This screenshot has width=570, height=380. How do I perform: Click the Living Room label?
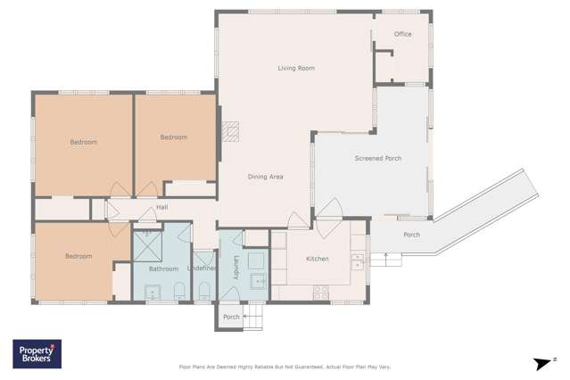pyautogui.click(x=295, y=69)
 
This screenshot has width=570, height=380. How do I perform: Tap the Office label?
pyautogui.click(x=402, y=35)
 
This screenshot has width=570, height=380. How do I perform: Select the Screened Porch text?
pyautogui.click(x=377, y=159)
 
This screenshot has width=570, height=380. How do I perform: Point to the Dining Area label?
pyautogui.click(x=265, y=177)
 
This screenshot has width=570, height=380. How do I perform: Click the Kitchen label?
pyautogui.click(x=317, y=259)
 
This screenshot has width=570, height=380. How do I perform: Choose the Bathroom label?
pyautogui.click(x=163, y=268)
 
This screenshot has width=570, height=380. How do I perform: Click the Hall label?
pyautogui.click(x=161, y=208)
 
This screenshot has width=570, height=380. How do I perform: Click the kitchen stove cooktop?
pyautogui.click(x=320, y=292)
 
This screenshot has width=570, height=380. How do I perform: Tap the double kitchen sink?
pyautogui.click(x=358, y=261)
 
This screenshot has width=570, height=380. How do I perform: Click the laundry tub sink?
pyautogui.click(x=258, y=281)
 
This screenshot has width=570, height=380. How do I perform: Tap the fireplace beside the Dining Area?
pyautogui.click(x=230, y=132)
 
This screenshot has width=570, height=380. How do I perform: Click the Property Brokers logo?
pyautogui.click(x=37, y=354)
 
